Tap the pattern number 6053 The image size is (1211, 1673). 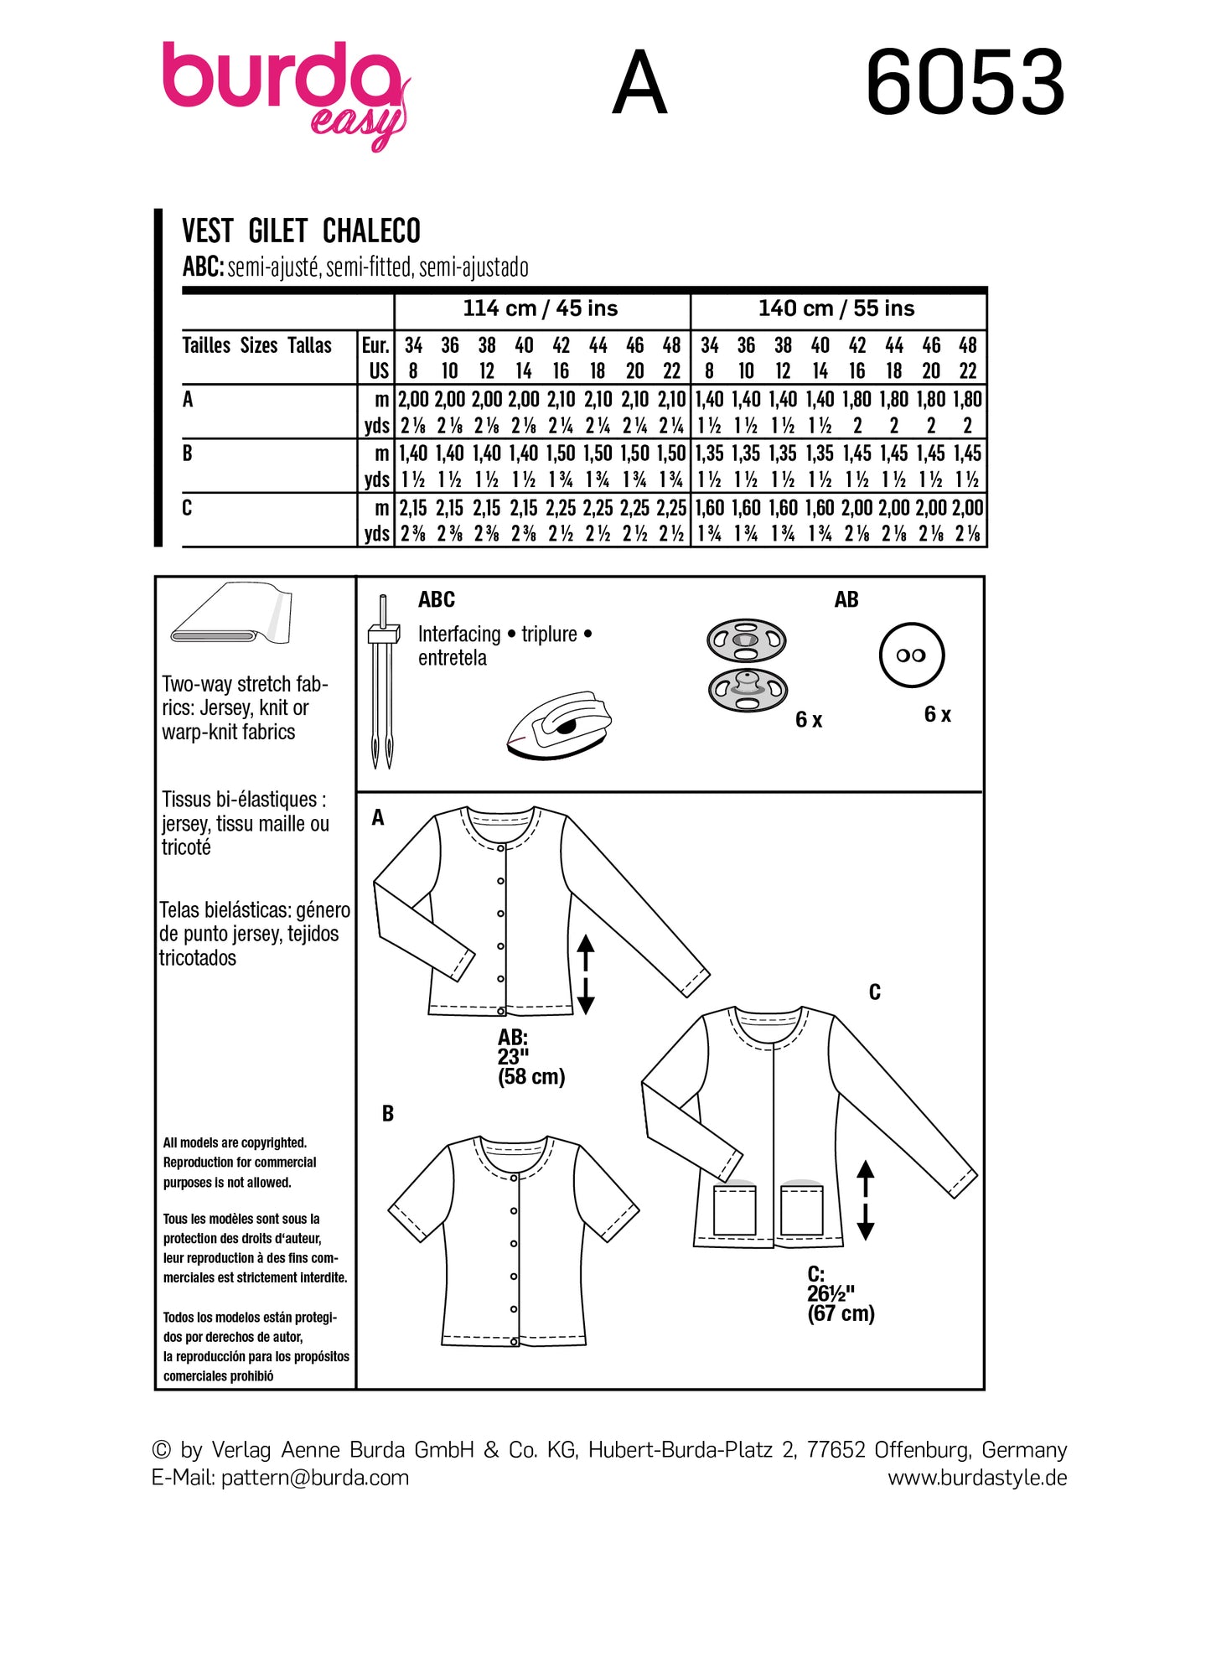tap(965, 83)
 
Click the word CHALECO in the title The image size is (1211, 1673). tap(371, 230)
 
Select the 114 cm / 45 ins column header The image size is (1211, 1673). tap(541, 308)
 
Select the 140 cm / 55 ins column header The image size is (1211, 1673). tap(836, 308)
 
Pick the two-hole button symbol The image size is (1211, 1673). tap(911, 655)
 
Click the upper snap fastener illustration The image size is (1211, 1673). tap(746, 641)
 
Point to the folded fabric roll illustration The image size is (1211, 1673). tap(230, 616)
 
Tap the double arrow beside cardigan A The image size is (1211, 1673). tap(586, 974)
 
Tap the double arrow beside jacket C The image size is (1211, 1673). tap(866, 1199)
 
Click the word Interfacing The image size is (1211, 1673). tap(458, 634)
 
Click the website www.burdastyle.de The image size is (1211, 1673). tap(977, 1478)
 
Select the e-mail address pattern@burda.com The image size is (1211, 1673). tap(314, 1478)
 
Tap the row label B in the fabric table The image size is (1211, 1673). tap(188, 453)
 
